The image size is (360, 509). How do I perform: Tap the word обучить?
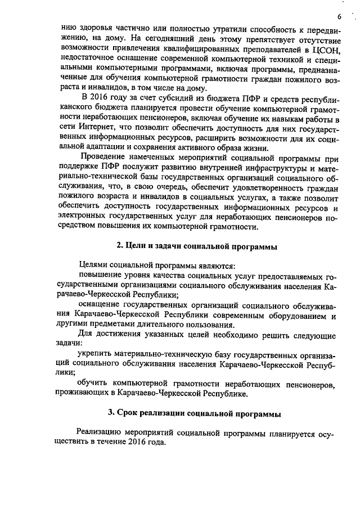93,382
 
